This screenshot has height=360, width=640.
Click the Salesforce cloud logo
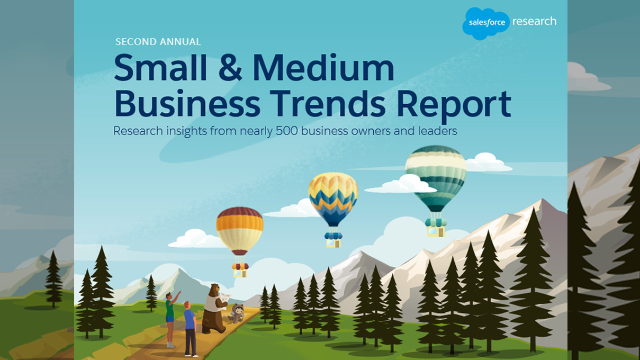tap(486, 23)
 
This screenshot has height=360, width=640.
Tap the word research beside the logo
tap(534, 21)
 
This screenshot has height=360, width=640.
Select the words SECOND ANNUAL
tap(158, 42)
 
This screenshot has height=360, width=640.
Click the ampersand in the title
tap(230, 68)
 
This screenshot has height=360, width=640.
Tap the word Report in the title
tap(454, 106)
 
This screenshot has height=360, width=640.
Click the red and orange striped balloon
tap(239, 231)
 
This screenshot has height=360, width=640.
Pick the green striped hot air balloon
tap(436, 178)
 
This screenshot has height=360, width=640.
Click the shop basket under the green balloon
tap(436, 228)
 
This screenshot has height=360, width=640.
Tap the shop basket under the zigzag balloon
tap(333, 240)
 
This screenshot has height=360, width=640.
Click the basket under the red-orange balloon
tap(240, 271)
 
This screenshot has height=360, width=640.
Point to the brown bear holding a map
tap(214, 309)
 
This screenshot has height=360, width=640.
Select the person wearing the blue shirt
tap(190, 329)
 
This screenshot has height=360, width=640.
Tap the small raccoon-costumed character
tap(238, 313)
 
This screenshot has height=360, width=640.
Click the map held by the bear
tap(224, 299)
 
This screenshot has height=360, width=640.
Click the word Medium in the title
tap(323, 68)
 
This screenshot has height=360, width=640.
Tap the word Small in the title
tap(160, 68)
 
